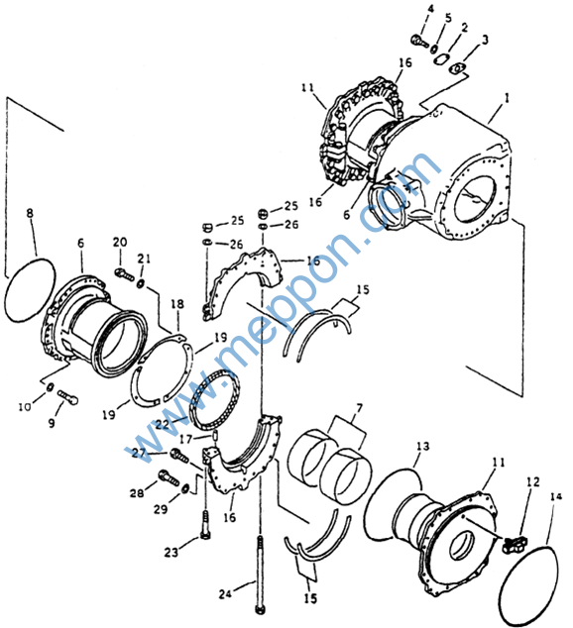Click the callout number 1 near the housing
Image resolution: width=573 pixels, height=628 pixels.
(508, 98)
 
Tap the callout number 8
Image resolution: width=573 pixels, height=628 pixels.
(30, 213)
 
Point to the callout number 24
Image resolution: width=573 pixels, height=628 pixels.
(225, 593)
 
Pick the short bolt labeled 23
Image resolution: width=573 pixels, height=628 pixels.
(205, 525)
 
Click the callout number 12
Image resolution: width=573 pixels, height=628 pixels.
(533, 482)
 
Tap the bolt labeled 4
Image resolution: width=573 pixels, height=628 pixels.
(419, 40)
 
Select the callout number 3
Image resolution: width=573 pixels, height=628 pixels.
(485, 40)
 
